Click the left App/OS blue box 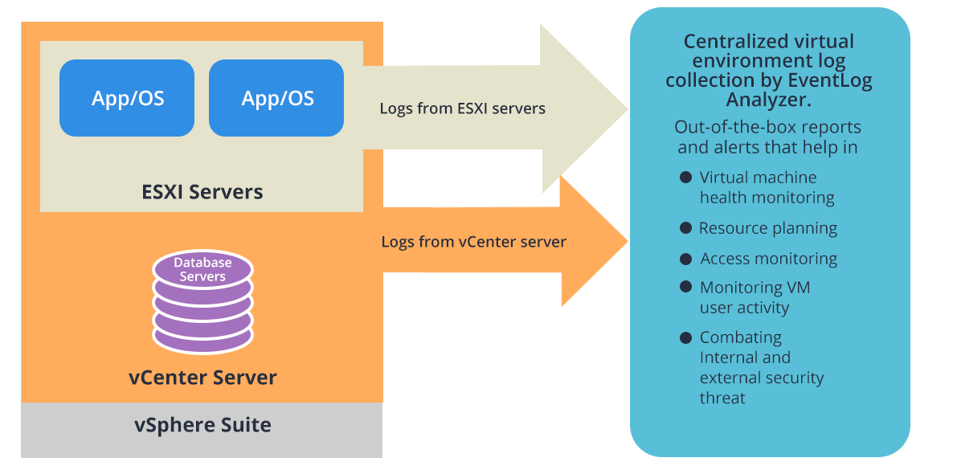[127, 98]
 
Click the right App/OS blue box [276, 98]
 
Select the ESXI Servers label [202, 192]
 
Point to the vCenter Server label [202, 377]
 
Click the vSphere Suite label [202, 424]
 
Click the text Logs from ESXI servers [462, 108]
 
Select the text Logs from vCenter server [473, 241]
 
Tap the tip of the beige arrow [624, 108]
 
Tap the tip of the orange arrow [624, 240]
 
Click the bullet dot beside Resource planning [685, 228]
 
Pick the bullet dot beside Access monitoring [685, 259]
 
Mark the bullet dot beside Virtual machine [685, 177]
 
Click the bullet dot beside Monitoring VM [685, 287]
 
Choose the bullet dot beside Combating [685, 337]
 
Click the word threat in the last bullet [722, 398]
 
